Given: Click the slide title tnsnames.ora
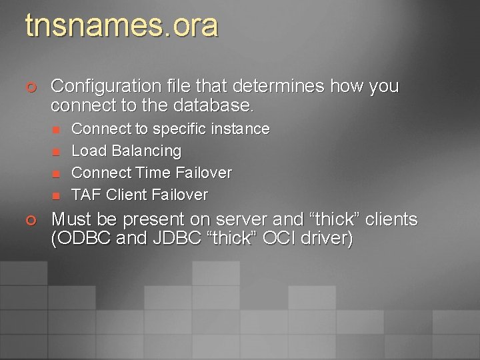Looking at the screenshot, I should (x=121, y=26).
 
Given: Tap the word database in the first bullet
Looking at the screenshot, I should (x=211, y=105).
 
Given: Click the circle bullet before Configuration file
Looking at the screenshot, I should (x=31, y=87).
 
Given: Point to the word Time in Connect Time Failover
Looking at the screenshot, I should (x=153, y=173).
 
